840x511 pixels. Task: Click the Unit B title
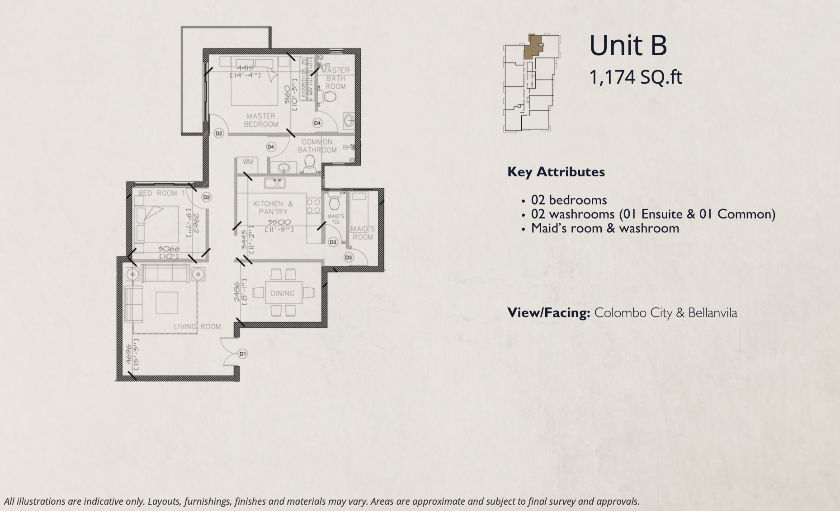pyautogui.click(x=628, y=46)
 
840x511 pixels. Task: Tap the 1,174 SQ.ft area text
pyautogui.click(x=635, y=77)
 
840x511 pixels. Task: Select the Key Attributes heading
pyautogui.click(x=556, y=172)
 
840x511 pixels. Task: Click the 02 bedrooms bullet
pyautogui.click(x=569, y=200)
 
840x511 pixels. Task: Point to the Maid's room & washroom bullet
pyautogui.click(x=605, y=228)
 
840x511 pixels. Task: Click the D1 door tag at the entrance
pyautogui.click(x=243, y=354)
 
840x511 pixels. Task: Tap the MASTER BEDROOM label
pyautogui.click(x=261, y=120)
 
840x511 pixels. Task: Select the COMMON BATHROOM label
pyautogui.click(x=317, y=146)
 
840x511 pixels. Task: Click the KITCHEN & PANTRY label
pyautogui.click(x=273, y=208)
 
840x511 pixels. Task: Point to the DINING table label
pyautogui.click(x=283, y=293)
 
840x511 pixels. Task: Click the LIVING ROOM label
pyautogui.click(x=198, y=326)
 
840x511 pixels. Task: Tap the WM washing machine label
pyautogui.click(x=248, y=162)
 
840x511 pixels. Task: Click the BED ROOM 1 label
pyautogui.click(x=161, y=193)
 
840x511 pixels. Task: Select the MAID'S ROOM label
pyautogui.click(x=363, y=233)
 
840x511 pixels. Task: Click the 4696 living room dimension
pyautogui.click(x=129, y=354)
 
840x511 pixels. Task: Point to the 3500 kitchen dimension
pyautogui.click(x=279, y=222)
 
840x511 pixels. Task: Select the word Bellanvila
pyautogui.click(x=713, y=313)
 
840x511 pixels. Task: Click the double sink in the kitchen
pyautogui.click(x=274, y=183)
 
